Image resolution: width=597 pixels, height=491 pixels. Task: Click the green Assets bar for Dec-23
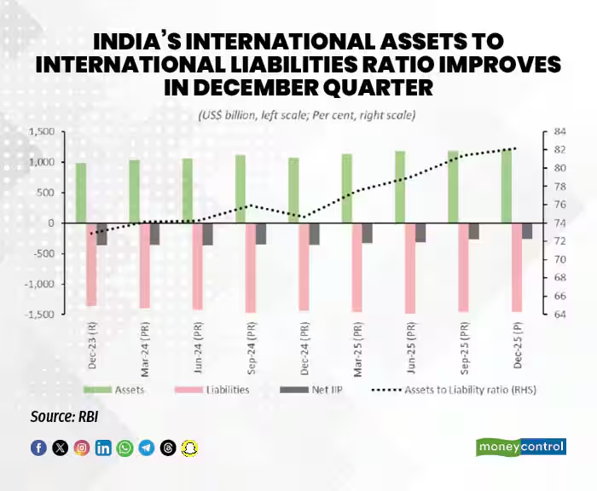pyautogui.click(x=81, y=193)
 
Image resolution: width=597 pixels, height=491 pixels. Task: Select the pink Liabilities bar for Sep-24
pyautogui.click(x=250, y=268)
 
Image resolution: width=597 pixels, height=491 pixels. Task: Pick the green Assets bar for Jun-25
pyautogui.click(x=399, y=187)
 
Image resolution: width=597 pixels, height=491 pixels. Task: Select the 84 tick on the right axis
pyautogui.click(x=559, y=131)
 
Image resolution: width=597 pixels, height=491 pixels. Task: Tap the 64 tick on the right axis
pyautogui.click(x=559, y=315)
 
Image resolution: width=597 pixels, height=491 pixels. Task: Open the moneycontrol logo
pyautogui.click(x=520, y=448)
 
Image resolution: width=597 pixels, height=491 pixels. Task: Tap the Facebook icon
pyautogui.click(x=38, y=448)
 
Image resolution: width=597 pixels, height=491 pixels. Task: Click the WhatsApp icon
pyautogui.click(x=125, y=448)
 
